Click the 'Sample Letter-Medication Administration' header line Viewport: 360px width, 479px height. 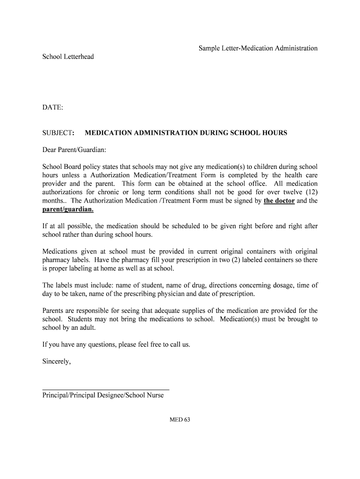[x=258, y=48]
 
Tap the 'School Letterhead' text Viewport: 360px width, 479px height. [x=68, y=57]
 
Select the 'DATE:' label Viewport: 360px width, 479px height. [x=53, y=108]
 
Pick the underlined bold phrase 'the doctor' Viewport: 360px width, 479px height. [x=279, y=201]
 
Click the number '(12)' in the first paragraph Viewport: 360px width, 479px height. [x=309, y=192]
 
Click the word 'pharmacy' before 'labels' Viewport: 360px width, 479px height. [x=56, y=260]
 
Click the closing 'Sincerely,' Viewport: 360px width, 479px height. [x=57, y=361]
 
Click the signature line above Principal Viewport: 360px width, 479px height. [x=106, y=389]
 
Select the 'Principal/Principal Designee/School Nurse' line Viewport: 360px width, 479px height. [x=103, y=395]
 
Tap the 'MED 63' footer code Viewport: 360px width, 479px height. [x=180, y=420]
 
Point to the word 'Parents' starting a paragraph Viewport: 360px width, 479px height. [x=54, y=311]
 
